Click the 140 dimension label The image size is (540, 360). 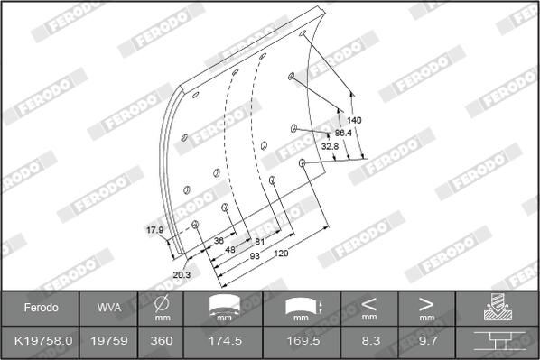point(354,120)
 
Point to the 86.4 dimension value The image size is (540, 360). point(343,133)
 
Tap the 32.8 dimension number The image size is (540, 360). point(330,146)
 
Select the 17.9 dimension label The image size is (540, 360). point(155,230)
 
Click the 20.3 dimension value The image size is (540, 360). point(182,274)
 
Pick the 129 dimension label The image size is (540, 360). point(281,254)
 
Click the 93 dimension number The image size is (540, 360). point(255,256)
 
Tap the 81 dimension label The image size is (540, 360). point(259,242)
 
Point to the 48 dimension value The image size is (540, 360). point(230,249)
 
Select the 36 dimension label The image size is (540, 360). point(219,240)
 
